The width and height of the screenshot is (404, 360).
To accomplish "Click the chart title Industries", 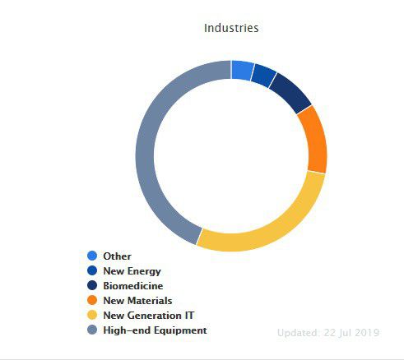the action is [x=231, y=28].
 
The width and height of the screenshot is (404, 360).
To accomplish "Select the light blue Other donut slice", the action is [x=242, y=71].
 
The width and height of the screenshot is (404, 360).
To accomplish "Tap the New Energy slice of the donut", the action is [x=263, y=76].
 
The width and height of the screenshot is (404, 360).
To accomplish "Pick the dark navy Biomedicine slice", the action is [x=290, y=93].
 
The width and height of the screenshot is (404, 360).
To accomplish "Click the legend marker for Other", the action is [x=92, y=256].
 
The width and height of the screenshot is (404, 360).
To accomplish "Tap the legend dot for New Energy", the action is [x=92, y=270].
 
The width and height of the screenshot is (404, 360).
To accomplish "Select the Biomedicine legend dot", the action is [x=92, y=285].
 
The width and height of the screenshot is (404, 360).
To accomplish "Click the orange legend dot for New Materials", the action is [x=92, y=300].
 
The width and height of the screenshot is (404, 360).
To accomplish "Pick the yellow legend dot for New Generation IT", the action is [x=92, y=315].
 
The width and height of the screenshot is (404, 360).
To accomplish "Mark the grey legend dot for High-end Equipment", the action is [x=92, y=330].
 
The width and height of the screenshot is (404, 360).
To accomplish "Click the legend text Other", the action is [x=117, y=256].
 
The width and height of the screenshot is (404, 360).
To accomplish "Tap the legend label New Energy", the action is [x=132, y=271].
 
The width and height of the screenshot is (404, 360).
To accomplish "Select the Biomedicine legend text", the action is [x=133, y=286].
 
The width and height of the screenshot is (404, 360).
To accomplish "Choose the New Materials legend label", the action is [x=137, y=301].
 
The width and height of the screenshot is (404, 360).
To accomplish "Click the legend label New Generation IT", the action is [x=149, y=316].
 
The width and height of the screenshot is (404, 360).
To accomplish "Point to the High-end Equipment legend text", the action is [x=155, y=330].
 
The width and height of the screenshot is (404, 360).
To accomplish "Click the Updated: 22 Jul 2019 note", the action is [x=328, y=333].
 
